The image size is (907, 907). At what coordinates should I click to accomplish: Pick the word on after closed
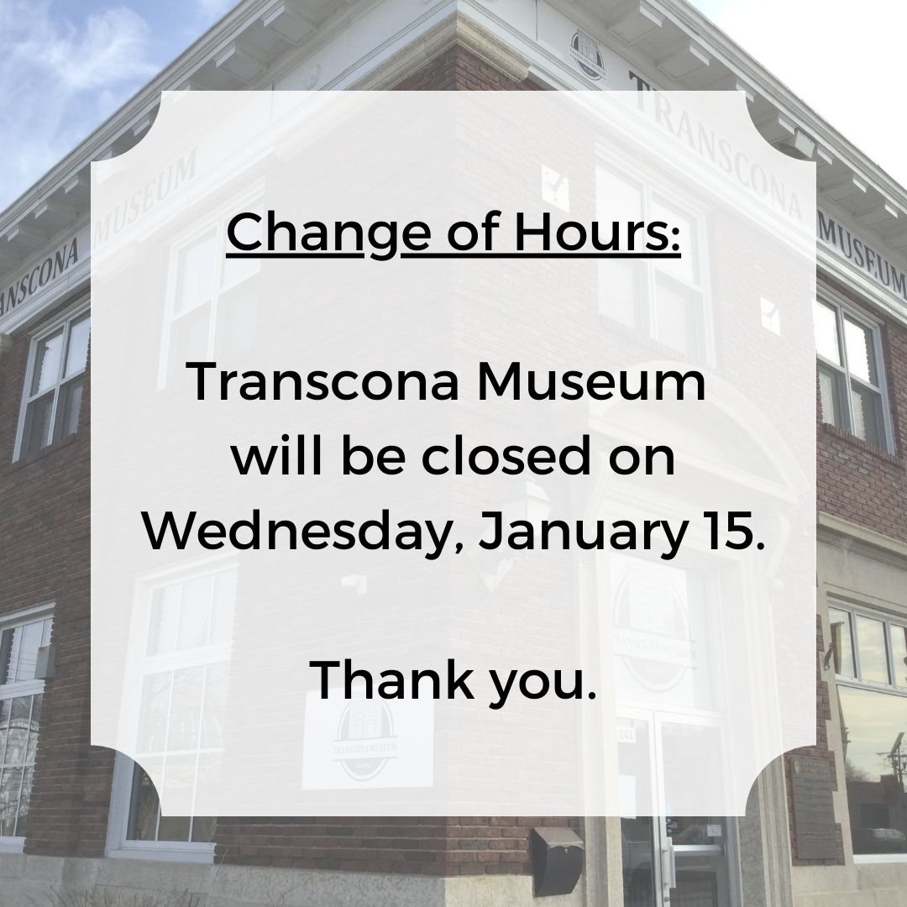click(646, 459)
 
